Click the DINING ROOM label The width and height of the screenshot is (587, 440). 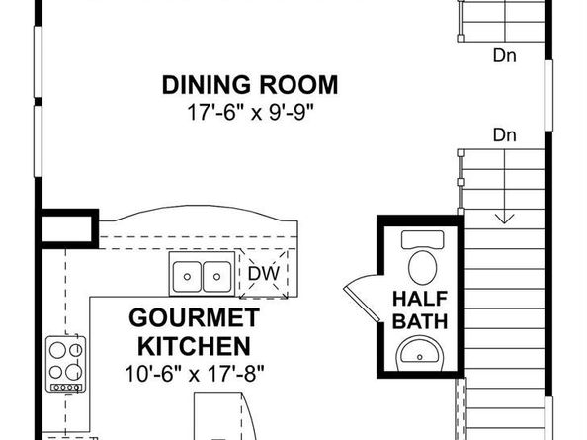click(250, 85)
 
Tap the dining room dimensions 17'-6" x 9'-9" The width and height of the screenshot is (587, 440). click(250, 112)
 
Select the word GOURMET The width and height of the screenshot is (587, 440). click(194, 317)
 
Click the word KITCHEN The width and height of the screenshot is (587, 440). click(194, 346)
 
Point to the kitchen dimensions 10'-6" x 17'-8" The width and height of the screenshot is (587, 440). click(195, 374)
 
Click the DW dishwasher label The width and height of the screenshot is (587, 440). click(264, 273)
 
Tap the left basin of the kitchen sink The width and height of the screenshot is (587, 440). click(187, 276)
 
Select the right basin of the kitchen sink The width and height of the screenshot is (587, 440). click(216, 276)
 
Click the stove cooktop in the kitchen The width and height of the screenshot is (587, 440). click(66, 364)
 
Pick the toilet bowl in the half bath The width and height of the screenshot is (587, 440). click(423, 267)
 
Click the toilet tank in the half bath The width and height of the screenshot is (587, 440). click(423, 239)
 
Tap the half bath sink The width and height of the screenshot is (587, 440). click(420, 353)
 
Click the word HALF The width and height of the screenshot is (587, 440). click(420, 299)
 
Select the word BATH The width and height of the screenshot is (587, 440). click(420, 321)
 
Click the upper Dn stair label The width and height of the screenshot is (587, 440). click(505, 56)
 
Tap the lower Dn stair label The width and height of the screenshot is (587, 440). click(505, 134)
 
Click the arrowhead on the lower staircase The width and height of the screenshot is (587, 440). click(505, 219)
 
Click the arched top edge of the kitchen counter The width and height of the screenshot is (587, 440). click(199, 207)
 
